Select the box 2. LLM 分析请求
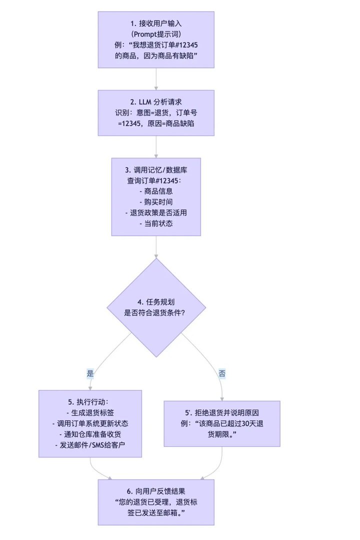pyautogui.click(x=156, y=113)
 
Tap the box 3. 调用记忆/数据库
pyautogui.click(x=156, y=196)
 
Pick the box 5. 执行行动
pyautogui.click(x=90, y=423)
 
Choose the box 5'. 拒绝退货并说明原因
pyautogui.click(x=221, y=423)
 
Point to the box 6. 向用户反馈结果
pyautogui.click(x=156, y=502)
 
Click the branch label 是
pyautogui.click(x=90, y=373)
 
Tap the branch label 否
pyautogui.click(x=221, y=373)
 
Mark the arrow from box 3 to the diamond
pyautogui.click(x=156, y=247)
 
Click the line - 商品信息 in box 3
pyautogui.click(x=156, y=190)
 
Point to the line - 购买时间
pyautogui.click(x=156, y=201)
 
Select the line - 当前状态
pyautogui.click(x=156, y=223)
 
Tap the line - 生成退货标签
pyautogui.click(x=90, y=412)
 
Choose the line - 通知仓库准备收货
pyautogui.click(x=90, y=434)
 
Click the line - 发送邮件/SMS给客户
pyautogui.click(x=90, y=445)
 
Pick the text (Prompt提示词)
pyautogui.click(x=156, y=34)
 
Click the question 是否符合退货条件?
pyautogui.click(x=156, y=312)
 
